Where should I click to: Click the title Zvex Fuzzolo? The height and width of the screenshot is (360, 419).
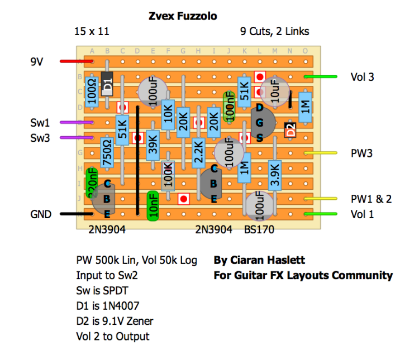point(183,16)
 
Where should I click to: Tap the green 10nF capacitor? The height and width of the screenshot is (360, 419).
point(153,205)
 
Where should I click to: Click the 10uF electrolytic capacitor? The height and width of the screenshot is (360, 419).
point(274,90)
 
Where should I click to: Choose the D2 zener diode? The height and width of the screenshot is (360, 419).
point(289,130)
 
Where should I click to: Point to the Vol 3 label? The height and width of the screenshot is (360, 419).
point(363,77)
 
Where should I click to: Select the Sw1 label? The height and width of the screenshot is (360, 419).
point(40,122)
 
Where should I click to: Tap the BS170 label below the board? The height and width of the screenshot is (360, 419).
point(259,229)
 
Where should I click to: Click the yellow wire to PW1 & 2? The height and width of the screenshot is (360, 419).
point(322,198)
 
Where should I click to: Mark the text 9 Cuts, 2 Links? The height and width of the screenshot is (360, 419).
point(274,32)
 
